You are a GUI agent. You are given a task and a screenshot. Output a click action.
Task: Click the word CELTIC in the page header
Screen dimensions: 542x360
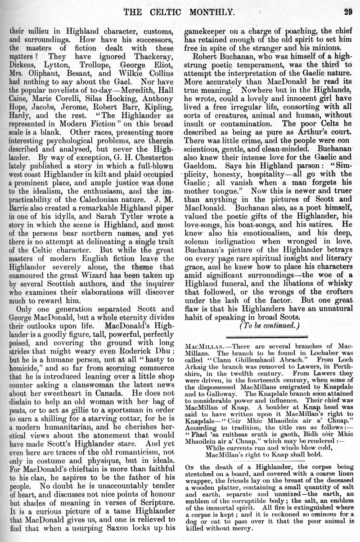tap(171, 11)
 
